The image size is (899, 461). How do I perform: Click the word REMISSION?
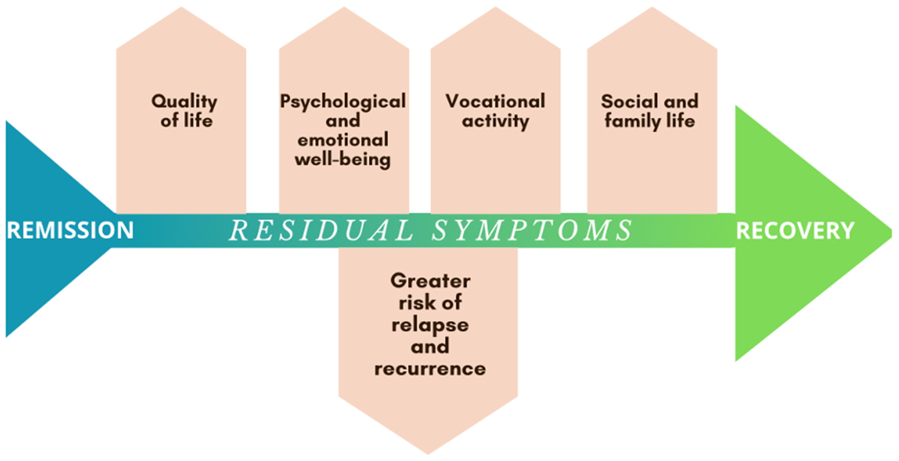tap(70, 230)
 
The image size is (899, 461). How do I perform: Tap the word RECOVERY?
tap(795, 231)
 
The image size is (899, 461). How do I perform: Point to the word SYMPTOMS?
tap(532, 230)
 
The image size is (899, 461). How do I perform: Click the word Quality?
tap(184, 102)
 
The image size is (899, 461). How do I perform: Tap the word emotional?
tap(343, 140)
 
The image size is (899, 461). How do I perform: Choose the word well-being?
tap(343, 160)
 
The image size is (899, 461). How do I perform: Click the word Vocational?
tap(495, 101)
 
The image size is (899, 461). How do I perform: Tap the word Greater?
tap(430, 281)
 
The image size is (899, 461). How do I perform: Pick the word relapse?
tap(430, 325)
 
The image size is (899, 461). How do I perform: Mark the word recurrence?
tap(430, 369)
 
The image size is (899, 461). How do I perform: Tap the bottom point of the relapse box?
tap(428, 453)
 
